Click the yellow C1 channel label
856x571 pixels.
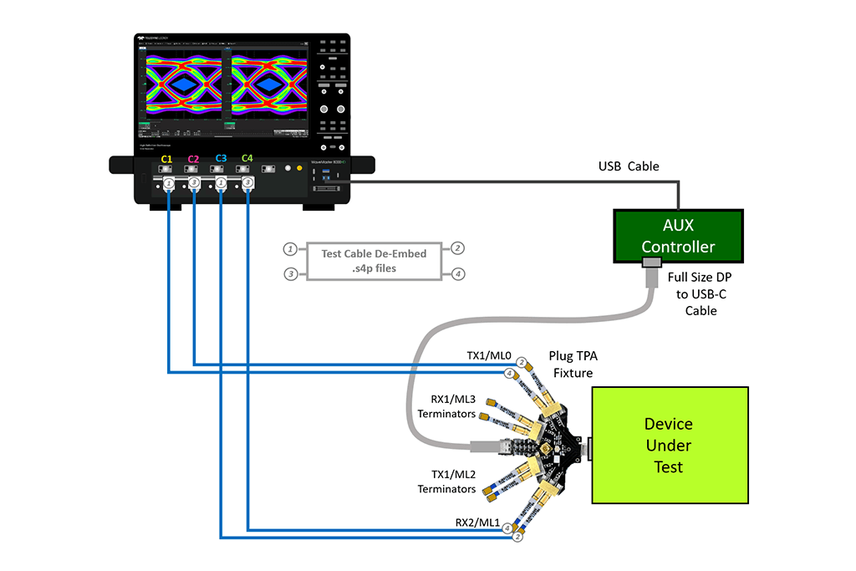click(166, 158)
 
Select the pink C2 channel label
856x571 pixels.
click(193, 158)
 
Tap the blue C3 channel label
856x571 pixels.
click(221, 158)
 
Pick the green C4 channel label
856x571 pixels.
click(247, 158)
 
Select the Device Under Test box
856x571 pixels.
click(669, 446)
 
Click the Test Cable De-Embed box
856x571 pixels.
click(374, 261)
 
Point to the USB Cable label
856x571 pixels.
click(629, 166)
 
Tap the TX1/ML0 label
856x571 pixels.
click(489, 355)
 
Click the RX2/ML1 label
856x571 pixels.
click(476, 523)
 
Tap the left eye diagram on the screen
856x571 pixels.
click(184, 85)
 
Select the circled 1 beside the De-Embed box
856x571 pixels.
click(289, 248)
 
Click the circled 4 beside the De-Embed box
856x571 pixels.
click(458, 273)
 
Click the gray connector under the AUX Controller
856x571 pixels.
click(651, 264)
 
